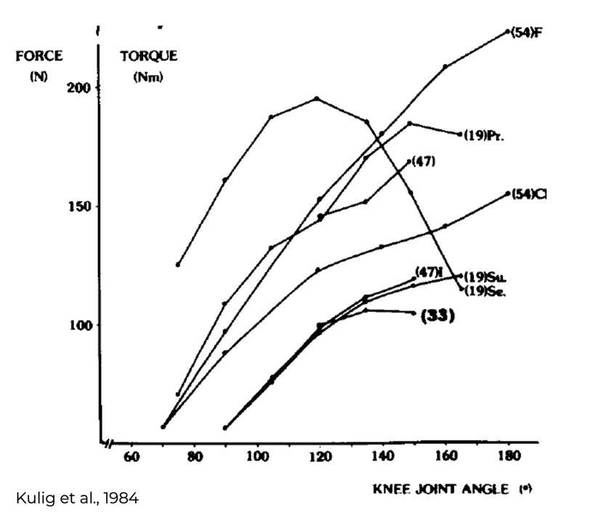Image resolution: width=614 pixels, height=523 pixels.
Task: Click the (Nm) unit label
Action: click(148, 77)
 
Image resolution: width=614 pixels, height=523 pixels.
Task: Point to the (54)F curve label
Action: click(527, 32)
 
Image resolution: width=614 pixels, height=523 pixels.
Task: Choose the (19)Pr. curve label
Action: click(484, 135)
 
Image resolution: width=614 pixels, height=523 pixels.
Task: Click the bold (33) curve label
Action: click(437, 316)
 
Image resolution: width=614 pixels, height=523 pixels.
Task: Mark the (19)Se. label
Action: click(485, 292)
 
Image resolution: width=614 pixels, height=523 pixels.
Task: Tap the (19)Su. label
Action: click(485, 277)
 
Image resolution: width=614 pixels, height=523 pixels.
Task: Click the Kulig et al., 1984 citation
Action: click(77, 498)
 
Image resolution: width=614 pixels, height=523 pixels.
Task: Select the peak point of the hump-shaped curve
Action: click(316, 99)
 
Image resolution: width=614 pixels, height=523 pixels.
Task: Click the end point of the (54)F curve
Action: click(507, 32)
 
